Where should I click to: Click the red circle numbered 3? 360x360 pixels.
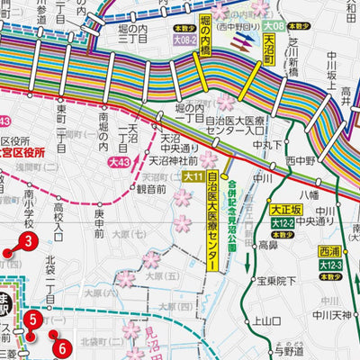tap(29, 241)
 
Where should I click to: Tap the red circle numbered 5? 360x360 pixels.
tap(32, 318)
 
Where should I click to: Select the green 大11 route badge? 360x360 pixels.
tap(193, 177)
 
